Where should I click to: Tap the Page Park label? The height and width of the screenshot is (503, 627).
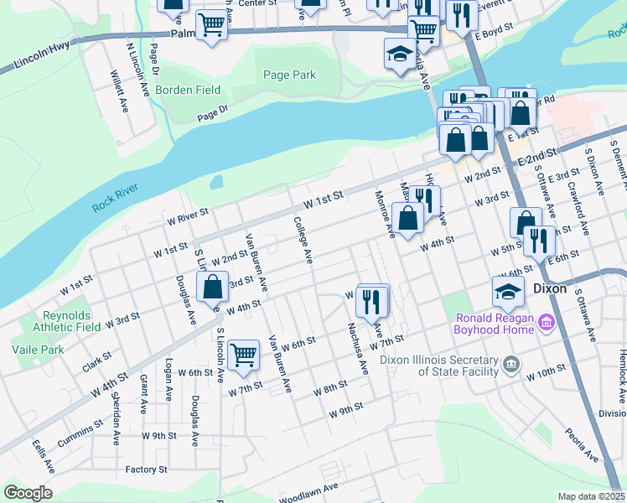point(289,75)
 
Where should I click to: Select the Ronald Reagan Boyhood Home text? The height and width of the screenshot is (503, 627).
point(495,324)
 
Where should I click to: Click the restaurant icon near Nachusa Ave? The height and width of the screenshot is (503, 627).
point(372,298)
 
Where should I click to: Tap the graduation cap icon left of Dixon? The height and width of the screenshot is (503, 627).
point(507,292)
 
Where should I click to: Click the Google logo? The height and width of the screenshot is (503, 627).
point(27,493)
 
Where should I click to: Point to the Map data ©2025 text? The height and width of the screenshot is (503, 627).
point(591,496)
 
